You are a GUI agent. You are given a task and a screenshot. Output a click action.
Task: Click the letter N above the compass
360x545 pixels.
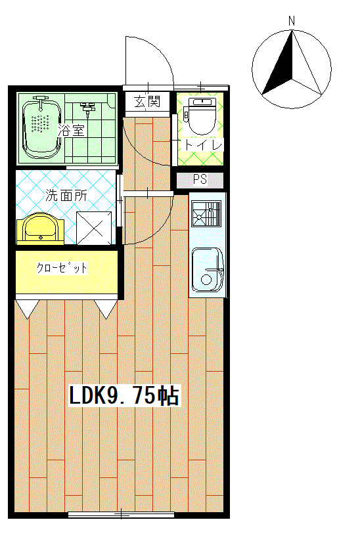click(x=292, y=21)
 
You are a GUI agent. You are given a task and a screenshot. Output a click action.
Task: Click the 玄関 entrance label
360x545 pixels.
click(x=147, y=102)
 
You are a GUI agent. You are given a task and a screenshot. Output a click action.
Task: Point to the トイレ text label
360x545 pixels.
click(x=203, y=145)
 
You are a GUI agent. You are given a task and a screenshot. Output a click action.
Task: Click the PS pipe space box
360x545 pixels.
click(x=200, y=180)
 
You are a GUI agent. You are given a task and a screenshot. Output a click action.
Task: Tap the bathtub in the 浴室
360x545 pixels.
click(x=42, y=128)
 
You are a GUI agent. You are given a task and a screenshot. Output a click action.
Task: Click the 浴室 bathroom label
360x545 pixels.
click(x=71, y=131)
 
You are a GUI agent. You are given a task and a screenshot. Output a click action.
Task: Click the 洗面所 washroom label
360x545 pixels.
click(x=66, y=195)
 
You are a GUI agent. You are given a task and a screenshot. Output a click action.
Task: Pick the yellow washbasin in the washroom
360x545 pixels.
click(x=40, y=229)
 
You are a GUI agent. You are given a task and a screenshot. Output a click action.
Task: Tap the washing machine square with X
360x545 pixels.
click(x=94, y=228)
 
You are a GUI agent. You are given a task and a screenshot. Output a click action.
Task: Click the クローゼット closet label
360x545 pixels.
click(x=62, y=268)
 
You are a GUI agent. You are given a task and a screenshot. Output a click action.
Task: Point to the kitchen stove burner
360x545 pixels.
click(x=207, y=214)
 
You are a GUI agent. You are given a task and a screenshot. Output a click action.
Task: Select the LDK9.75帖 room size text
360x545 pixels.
click(x=124, y=395)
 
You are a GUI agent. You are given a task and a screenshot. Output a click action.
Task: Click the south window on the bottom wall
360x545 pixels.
click(x=121, y=514)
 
